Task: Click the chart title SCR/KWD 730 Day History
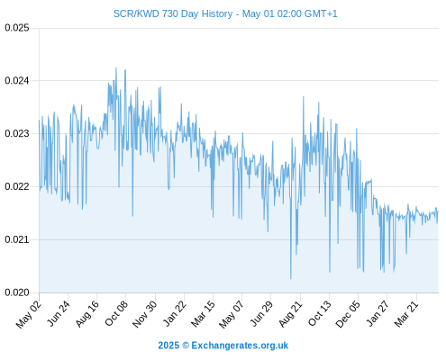coord(173,13)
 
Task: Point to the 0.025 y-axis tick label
coord(17,28)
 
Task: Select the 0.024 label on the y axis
coord(17,80)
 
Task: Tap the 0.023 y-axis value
coord(17,133)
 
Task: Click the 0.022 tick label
coord(17,186)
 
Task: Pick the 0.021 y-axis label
coord(17,239)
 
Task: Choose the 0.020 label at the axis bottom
coord(17,292)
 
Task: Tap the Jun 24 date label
coord(59,313)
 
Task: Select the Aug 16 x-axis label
coord(87,313)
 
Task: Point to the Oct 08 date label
coord(116,313)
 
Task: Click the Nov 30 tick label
coord(144,314)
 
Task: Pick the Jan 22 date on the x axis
coord(175,313)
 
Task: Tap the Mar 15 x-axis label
coord(203,313)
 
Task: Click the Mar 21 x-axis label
coord(406,313)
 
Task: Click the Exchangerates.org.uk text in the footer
coord(240,346)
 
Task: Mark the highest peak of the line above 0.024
coord(116,67)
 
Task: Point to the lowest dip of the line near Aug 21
coord(291,279)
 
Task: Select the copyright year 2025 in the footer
coord(168,346)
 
